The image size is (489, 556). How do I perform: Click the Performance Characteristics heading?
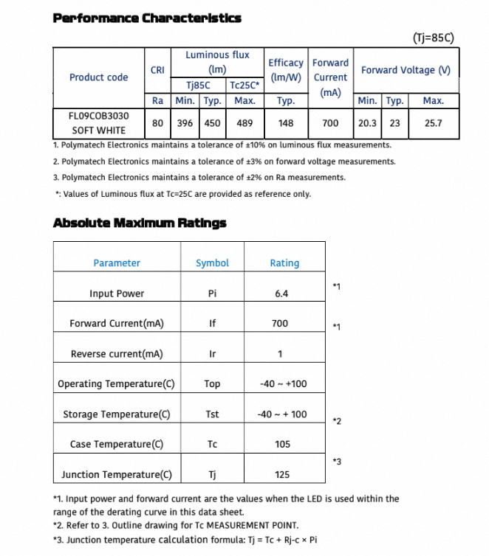coord(147,18)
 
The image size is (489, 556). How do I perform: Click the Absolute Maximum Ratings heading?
coord(140,223)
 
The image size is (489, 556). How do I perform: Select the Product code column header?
coord(98,77)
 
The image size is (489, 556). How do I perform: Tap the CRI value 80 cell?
coord(157,123)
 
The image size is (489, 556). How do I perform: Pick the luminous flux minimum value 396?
coord(185,123)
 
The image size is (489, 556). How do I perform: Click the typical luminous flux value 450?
coord(213,123)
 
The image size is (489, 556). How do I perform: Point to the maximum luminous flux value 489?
coord(244,123)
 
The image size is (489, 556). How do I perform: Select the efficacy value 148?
coord(286,123)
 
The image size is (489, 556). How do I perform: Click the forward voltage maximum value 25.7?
coord(434,123)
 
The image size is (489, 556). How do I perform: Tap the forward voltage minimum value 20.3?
coord(367,123)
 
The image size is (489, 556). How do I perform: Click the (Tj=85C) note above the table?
coord(433,38)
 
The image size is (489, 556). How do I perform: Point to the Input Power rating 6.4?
coord(281,293)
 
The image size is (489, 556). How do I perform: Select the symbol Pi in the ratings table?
coord(213,293)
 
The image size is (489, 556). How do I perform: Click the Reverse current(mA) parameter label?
coord(117,354)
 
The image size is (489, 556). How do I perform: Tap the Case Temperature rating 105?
coord(281,444)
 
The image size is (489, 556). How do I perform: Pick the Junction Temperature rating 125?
coord(281,475)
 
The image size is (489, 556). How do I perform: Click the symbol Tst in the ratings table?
coord(213,414)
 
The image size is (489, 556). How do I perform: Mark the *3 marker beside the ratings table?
coord(337,462)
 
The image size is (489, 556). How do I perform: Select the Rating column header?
coord(284,263)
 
